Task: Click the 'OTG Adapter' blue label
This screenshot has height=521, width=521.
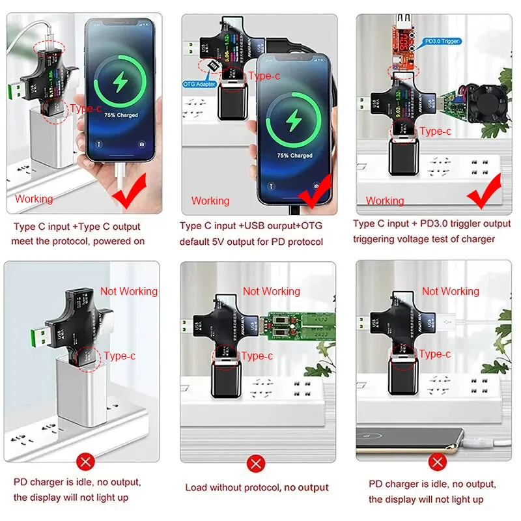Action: [x=198, y=83]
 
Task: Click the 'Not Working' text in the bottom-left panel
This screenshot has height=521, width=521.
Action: [x=129, y=291]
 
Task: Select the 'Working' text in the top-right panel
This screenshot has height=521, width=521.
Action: [x=384, y=201]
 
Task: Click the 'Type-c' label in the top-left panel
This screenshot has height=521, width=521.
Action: [x=86, y=109]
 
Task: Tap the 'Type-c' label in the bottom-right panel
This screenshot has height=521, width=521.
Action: [x=434, y=354]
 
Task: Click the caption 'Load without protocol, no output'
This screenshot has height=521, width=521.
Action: [x=257, y=487]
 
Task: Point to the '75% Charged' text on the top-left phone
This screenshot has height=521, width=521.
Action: [x=121, y=115]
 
